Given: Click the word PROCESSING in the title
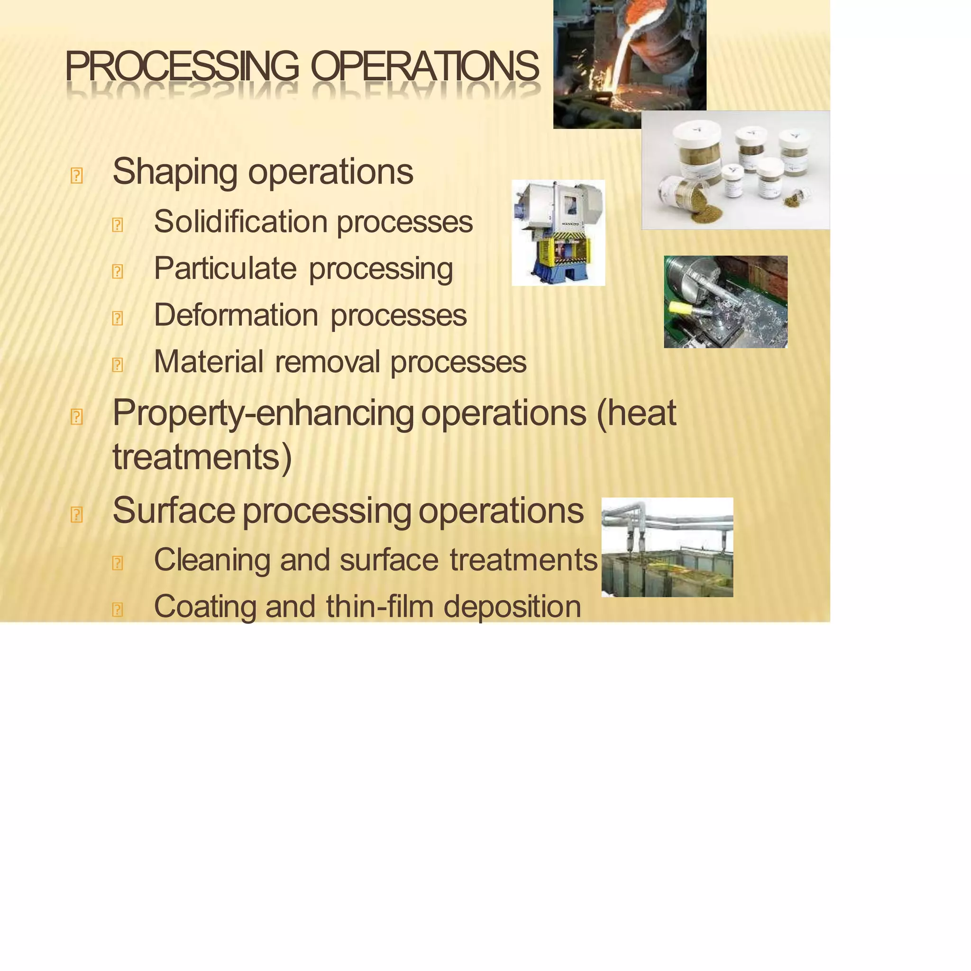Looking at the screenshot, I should coord(182,66).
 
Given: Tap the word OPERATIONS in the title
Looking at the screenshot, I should coord(425,66).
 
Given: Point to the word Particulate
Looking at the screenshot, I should coord(225,268).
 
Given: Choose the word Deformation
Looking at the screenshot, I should coord(236,315).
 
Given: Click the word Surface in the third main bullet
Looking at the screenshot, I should coord(174,511).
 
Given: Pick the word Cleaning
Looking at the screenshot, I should coord(211,560).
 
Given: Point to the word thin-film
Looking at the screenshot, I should coord(379,606).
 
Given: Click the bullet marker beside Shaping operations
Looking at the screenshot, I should coord(76,176).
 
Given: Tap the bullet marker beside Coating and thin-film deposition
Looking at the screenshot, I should coord(117,610).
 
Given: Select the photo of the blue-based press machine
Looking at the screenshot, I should coord(558,233).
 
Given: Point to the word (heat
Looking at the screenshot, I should coord(636,413).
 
